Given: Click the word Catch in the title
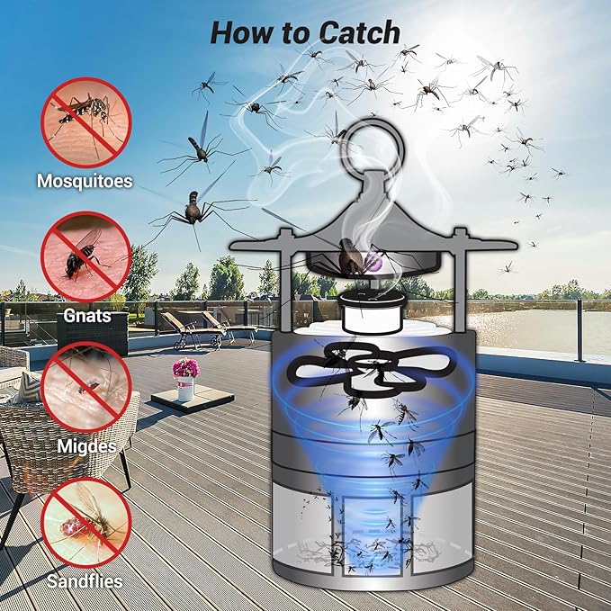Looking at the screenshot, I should [355, 31].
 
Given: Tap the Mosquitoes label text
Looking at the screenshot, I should [85, 181].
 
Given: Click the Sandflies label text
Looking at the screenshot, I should [85, 580].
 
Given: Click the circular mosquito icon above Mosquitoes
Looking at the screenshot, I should [86, 122].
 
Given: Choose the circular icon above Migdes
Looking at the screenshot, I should [86, 388].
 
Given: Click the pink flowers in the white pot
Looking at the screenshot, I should [185, 368].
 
